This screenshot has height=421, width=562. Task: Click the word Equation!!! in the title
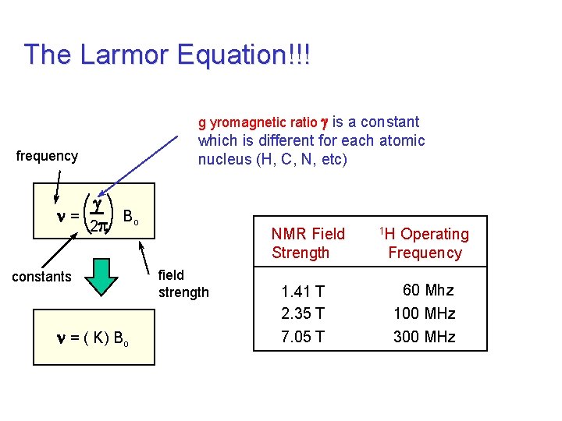pyautogui.click(x=244, y=55)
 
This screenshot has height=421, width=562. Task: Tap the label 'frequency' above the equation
pyautogui.click(x=47, y=156)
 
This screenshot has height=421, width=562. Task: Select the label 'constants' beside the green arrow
pyautogui.click(x=42, y=277)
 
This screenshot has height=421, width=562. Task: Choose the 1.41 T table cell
pyautogui.click(x=303, y=292)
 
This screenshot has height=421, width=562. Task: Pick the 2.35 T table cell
pyautogui.click(x=303, y=314)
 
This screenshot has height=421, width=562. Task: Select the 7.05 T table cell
pyautogui.click(x=303, y=337)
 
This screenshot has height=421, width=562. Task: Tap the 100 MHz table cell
pyautogui.click(x=425, y=314)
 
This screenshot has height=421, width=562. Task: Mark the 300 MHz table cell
pyautogui.click(x=425, y=337)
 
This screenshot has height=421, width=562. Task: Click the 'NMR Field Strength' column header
pyautogui.click(x=308, y=243)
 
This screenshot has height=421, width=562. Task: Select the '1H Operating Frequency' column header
pyautogui.click(x=425, y=243)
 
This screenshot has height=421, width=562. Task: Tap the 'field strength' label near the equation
pyautogui.click(x=183, y=284)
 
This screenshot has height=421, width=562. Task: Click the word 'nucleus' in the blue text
pyautogui.click(x=222, y=160)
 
